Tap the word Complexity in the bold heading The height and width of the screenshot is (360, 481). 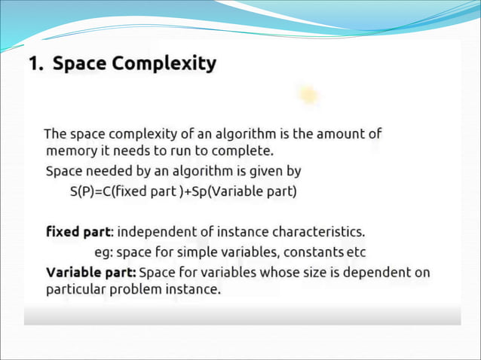(164, 64)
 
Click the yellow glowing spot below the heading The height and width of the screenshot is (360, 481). (308, 96)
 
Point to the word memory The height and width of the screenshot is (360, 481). (72, 151)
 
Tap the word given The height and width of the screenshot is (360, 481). (261, 172)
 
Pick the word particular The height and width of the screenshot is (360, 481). (76, 288)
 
